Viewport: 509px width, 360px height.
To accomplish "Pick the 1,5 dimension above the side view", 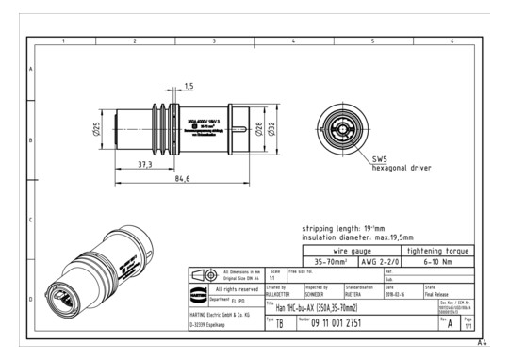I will point(188,87).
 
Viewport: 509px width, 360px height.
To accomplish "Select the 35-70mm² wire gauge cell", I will point(325,264).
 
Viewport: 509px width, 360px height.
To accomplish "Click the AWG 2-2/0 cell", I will point(378,264).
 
